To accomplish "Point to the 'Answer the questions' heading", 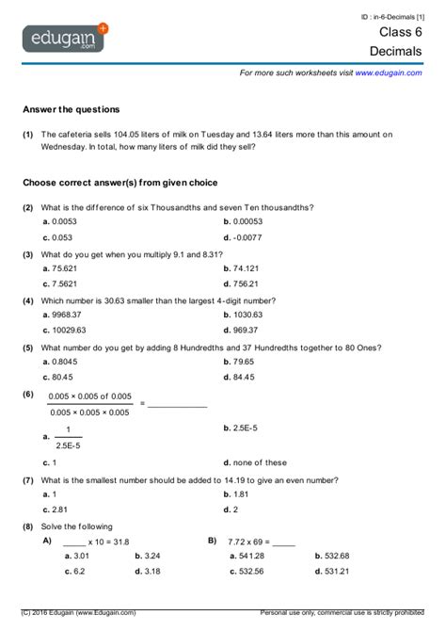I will (72, 109).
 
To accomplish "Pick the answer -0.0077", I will (249, 237).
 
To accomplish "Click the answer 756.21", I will (247, 283).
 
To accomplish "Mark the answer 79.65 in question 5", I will (244, 361).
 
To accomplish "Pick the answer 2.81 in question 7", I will (60, 510).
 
